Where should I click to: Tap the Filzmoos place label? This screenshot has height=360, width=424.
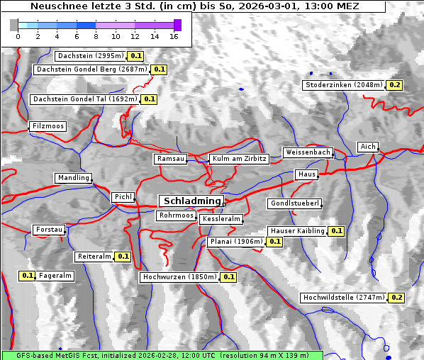coord(48,126)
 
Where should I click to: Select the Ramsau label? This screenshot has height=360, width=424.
coord(170,159)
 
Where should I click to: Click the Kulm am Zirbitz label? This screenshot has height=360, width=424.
coord(239,159)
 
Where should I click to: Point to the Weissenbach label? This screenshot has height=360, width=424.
coord(307,152)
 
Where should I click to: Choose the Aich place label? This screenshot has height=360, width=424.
coord(367,147)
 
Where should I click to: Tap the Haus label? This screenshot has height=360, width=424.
coord(306,174)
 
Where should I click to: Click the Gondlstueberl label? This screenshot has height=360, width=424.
coord(294,203)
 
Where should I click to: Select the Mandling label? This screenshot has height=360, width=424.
coord(73,178)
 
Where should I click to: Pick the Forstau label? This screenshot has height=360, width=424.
coord(49,230)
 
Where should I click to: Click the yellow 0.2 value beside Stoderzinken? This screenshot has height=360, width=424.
coord(395,85)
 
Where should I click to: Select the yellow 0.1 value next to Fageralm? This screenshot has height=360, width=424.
coord(28,276)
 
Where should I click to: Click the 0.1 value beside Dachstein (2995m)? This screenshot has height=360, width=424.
coord(136,55)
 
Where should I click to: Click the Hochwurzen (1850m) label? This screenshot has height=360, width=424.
coord(179,277)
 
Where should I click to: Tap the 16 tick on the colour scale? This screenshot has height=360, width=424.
coord(174,36)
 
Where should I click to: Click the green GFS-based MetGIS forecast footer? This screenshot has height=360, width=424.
coord(162,354)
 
